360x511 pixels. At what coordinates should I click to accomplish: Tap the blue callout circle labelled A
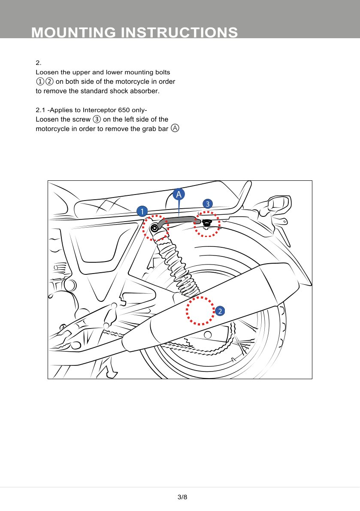click(x=179, y=195)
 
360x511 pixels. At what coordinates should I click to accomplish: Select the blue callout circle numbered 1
click(x=142, y=211)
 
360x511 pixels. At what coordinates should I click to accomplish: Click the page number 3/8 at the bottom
click(x=182, y=497)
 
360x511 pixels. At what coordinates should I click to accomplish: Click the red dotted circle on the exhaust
click(x=200, y=310)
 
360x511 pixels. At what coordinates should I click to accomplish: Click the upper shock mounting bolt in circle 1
click(x=154, y=228)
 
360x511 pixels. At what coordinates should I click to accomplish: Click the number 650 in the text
click(x=130, y=110)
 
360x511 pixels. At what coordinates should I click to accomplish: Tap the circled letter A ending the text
click(x=175, y=128)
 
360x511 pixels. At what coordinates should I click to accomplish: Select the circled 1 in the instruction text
click(x=39, y=82)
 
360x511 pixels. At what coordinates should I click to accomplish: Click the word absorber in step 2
click(x=144, y=91)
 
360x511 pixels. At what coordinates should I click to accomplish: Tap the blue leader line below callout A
click(x=179, y=209)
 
